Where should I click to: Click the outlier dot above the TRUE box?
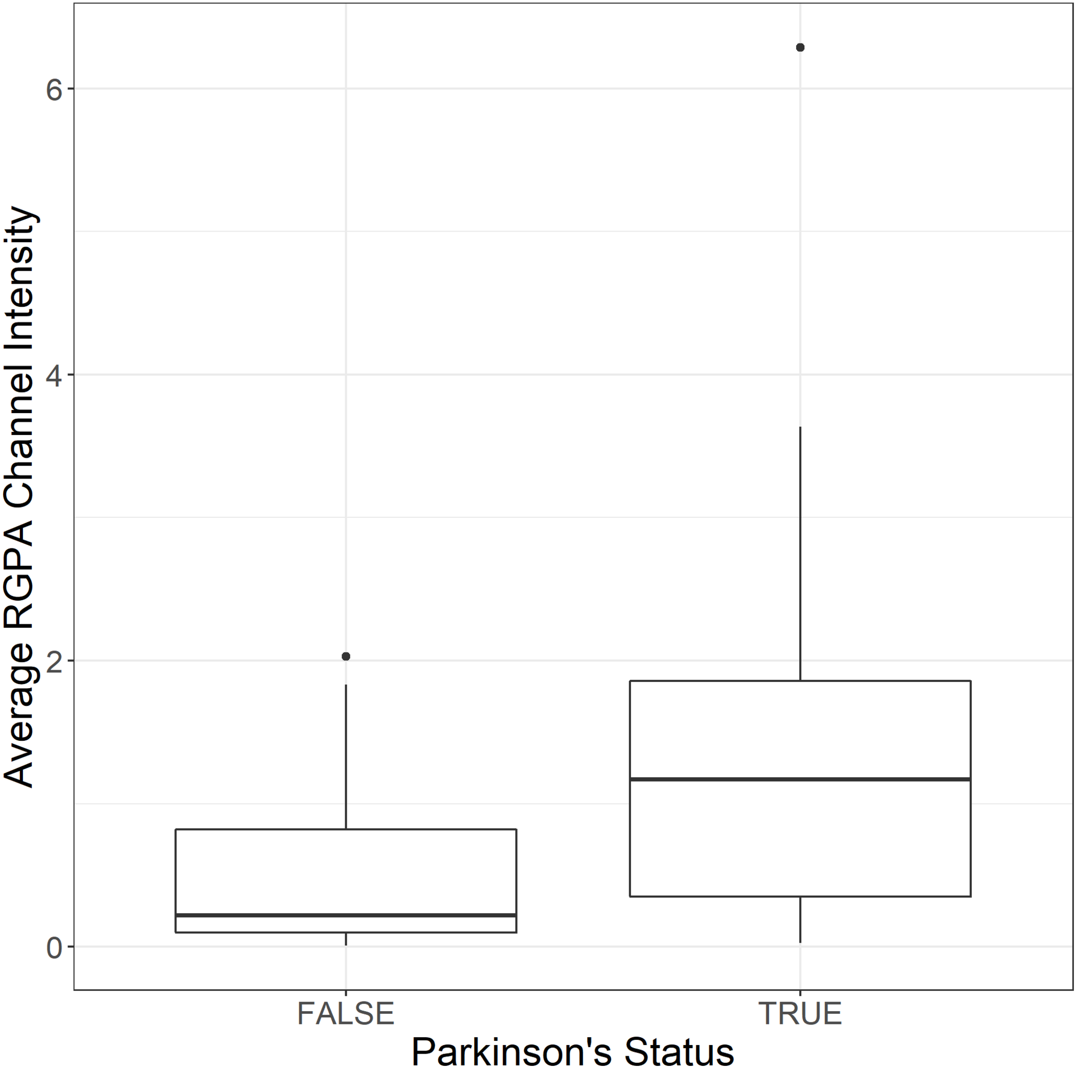pos(800,48)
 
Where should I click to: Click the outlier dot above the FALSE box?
pos(346,656)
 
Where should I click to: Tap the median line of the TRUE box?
pos(800,779)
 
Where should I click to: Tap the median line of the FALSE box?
pos(346,915)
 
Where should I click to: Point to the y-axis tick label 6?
pos(54,89)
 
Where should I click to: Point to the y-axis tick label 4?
pos(54,375)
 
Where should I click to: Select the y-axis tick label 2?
pos(54,662)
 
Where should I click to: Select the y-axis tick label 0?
pos(54,948)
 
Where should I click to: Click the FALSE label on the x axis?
pos(346,1013)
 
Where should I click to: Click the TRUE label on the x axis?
pos(800,1013)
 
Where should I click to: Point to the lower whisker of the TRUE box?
pos(800,920)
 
